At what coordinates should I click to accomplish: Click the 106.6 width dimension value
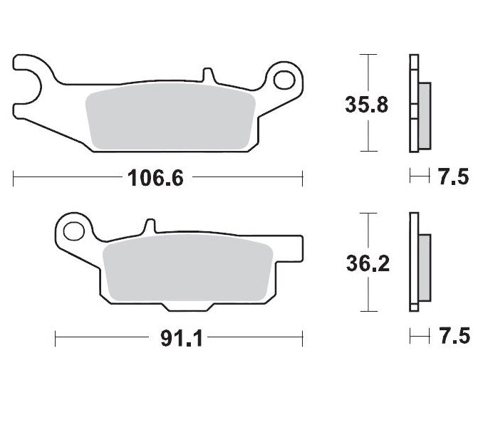pos(155,178)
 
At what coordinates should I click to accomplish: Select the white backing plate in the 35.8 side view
pos(412,103)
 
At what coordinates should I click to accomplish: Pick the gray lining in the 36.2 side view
pos(424,267)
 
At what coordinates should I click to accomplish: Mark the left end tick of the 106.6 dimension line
pos(14,178)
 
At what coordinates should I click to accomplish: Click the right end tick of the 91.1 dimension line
pos(303,337)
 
